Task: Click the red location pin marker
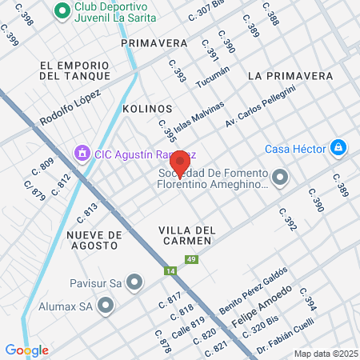coord(180,163)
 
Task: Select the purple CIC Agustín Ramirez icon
coord(81,152)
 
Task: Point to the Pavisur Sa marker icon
coord(134,281)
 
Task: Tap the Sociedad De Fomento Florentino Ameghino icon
coord(280,177)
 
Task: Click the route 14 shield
coord(170,270)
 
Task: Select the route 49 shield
coord(190,259)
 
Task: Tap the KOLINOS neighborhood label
coord(147,108)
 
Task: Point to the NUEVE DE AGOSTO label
coord(95,240)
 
